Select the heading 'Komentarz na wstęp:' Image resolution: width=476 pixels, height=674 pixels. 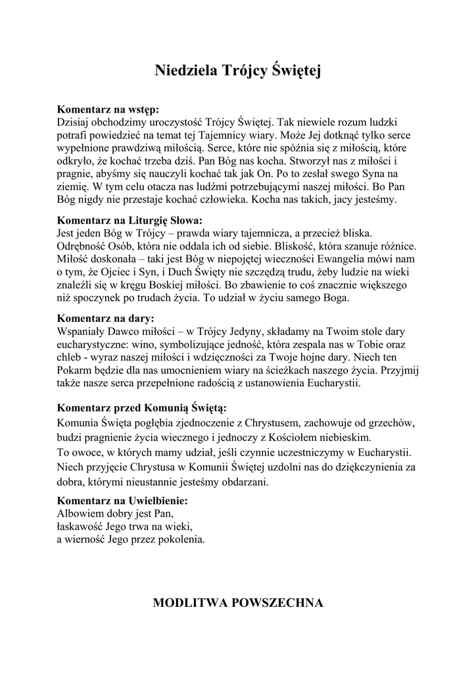[108, 109]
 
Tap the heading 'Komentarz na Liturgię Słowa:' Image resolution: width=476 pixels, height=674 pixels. [130, 220]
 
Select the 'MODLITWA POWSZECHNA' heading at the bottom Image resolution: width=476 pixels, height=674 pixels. [238, 602]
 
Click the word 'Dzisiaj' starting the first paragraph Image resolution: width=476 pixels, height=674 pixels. [76, 122]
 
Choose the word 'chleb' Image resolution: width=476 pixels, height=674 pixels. [71, 357]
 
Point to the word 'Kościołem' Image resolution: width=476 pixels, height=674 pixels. [296, 437]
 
